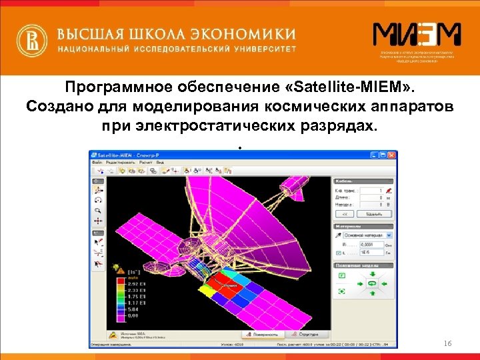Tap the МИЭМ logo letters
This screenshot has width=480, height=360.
[416, 35]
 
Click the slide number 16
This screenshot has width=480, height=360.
[447, 343]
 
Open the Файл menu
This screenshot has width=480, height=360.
[97, 162]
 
